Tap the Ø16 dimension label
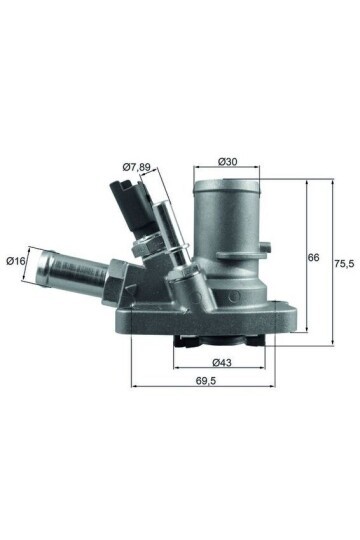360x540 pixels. pyautogui.click(x=16, y=261)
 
